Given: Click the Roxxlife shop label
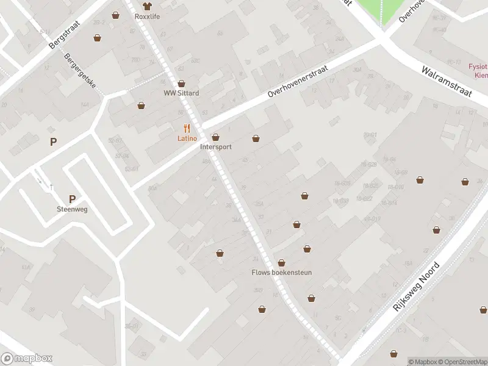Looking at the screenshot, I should (x=147, y=16).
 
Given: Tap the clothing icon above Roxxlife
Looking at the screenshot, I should (x=147, y=6).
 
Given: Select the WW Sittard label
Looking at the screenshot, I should (x=181, y=93).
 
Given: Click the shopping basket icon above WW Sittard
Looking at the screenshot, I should (x=181, y=84).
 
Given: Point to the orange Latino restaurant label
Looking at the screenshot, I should (x=187, y=138).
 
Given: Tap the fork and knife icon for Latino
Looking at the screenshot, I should (x=187, y=128).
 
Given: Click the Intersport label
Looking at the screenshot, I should (x=215, y=147).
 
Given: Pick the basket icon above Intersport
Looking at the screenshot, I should (x=215, y=137).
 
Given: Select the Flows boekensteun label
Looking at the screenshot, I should (x=282, y=273).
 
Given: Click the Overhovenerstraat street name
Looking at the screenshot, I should (x=298, y=89).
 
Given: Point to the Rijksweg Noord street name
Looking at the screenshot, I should (x=417, y=287).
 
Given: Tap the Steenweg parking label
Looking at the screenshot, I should (x=72, y=209).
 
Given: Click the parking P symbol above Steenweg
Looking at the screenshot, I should (x=72, y=199).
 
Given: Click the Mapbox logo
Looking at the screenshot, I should (x=27, y=359).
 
